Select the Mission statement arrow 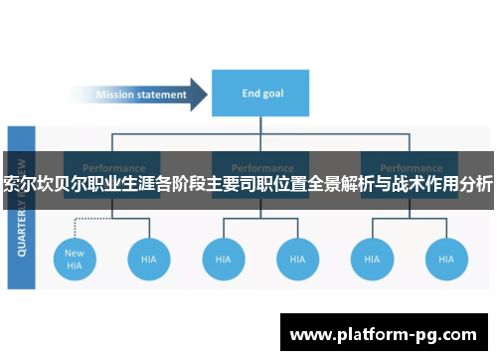(144, 95)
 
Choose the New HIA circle (76, 259)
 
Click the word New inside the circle (76, 253)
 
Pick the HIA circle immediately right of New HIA (149, 259)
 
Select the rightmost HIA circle (446, 259)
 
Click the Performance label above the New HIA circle (112, 167)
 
